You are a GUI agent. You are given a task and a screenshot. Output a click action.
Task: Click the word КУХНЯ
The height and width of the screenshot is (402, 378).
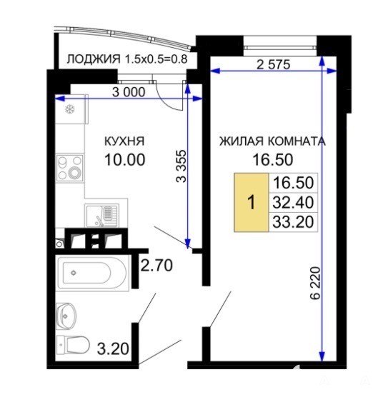pyautogui.click(x=124, y=141)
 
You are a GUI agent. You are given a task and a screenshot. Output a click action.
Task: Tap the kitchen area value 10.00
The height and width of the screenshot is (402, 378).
pyautogui.click(x=125, y=159)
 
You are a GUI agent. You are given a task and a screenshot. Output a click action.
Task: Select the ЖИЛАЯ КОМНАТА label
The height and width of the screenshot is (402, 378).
pyautogui.click(x=272, y=141)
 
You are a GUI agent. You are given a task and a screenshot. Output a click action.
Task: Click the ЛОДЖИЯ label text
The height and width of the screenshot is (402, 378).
pyautogui.click(x=94, y=59)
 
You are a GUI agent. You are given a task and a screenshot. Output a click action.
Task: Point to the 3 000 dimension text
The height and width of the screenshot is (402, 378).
pyautogui.click(x=129, y=92)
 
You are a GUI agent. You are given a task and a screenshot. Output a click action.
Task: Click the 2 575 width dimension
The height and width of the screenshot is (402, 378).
pyautogui.click(x=273, y=64)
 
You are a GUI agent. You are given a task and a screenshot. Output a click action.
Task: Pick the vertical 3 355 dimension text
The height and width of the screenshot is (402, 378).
pyautogui.click(x=181, y=166)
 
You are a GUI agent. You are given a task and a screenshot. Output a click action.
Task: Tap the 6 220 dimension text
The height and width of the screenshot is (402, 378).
pyautogui.click(x=316, y=283)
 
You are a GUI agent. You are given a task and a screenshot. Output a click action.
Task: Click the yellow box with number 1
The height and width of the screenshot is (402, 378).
pyautogui.click(x=252, y=202)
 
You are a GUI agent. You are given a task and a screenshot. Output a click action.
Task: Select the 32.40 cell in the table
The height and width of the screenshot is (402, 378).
pyautogui.click(x=293, y=203)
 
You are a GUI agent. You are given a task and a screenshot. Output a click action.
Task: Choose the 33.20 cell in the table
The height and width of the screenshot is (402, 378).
pyautogui.click(x=293, y=222)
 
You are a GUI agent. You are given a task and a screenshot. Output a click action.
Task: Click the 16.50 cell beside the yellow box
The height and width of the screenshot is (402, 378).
pyautogui.click(x=293, y=183)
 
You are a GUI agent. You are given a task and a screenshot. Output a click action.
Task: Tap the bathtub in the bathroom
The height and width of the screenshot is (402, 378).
pyautogui.click(x=92, y=273)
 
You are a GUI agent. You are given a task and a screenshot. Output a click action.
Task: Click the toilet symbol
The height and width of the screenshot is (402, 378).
pyautogui.click(x=73, y=345)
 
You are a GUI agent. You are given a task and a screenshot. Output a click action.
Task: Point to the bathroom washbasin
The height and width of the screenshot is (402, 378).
pyautogui.click(x=66, y=316)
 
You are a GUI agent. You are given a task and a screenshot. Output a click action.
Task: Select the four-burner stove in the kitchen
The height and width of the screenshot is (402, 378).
pyautogui.click(x=70, y=168)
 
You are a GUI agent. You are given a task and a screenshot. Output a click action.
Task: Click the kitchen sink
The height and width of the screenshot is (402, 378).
pyautogui.click(x=102, y=216)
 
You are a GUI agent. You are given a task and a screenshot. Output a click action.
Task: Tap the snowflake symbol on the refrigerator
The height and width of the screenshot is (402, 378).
pyautogui.click(x=70, y=109)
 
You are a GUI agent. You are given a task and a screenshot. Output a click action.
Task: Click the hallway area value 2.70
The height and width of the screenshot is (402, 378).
pyautogui.click(x=156, y=265)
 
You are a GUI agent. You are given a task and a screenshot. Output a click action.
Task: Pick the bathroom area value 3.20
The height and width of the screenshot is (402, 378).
pyautogui.click(x=113, y=348)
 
